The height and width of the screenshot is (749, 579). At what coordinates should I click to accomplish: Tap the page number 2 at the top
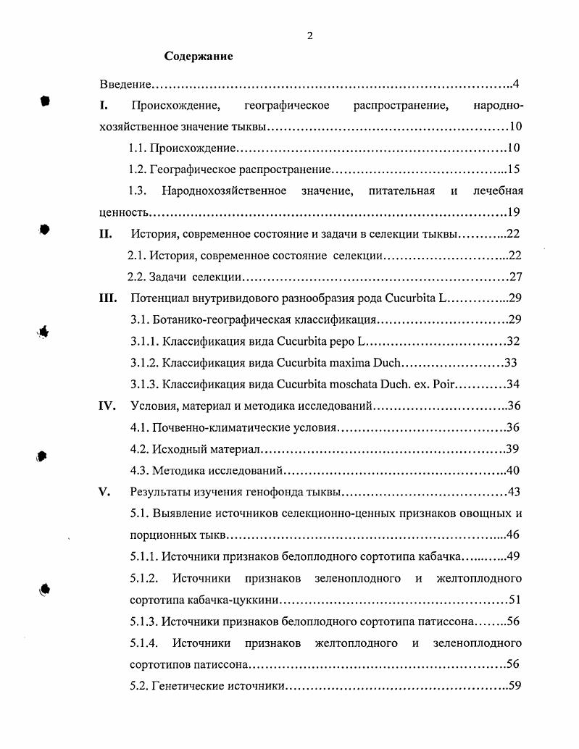click(x=309, y=36)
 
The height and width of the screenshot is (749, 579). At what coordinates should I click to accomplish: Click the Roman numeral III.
click(x=108, y=298)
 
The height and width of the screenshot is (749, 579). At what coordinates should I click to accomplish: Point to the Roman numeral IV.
click(x=107, y=406)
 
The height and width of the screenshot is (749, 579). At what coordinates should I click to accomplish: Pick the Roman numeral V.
click(x=104, y=493)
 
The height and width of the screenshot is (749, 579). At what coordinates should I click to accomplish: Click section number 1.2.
click(x=138, y=170)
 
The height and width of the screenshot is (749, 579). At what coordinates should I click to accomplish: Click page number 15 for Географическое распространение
click(x=515, y=170)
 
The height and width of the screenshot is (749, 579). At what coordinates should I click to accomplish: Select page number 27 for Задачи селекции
click(x=516, y=277)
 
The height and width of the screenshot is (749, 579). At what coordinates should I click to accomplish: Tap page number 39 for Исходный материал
click(x=514, y=449)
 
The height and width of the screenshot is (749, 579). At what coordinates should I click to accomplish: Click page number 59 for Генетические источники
click(x=516, y=686)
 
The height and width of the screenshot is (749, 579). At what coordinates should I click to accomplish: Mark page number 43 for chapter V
click(x=515, y=493)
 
